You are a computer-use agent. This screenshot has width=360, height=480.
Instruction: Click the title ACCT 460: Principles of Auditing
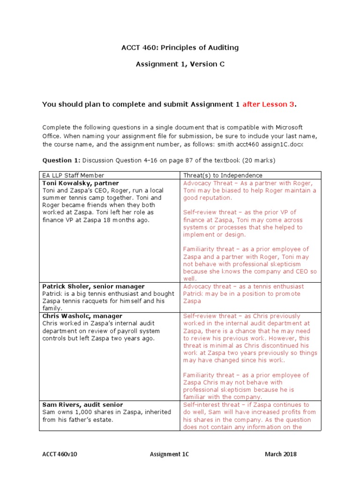click(x=180, y=47)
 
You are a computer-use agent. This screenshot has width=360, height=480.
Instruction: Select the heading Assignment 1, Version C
click(x=180, y=64)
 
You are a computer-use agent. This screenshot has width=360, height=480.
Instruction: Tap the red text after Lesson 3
click(x=269, y=104)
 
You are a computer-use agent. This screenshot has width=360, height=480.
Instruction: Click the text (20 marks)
click(x=259, y=160)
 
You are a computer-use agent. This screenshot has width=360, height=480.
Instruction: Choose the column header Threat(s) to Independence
click(x=223, y=175)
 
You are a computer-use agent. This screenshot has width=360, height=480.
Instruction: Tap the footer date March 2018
click(x=280, y=454)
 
